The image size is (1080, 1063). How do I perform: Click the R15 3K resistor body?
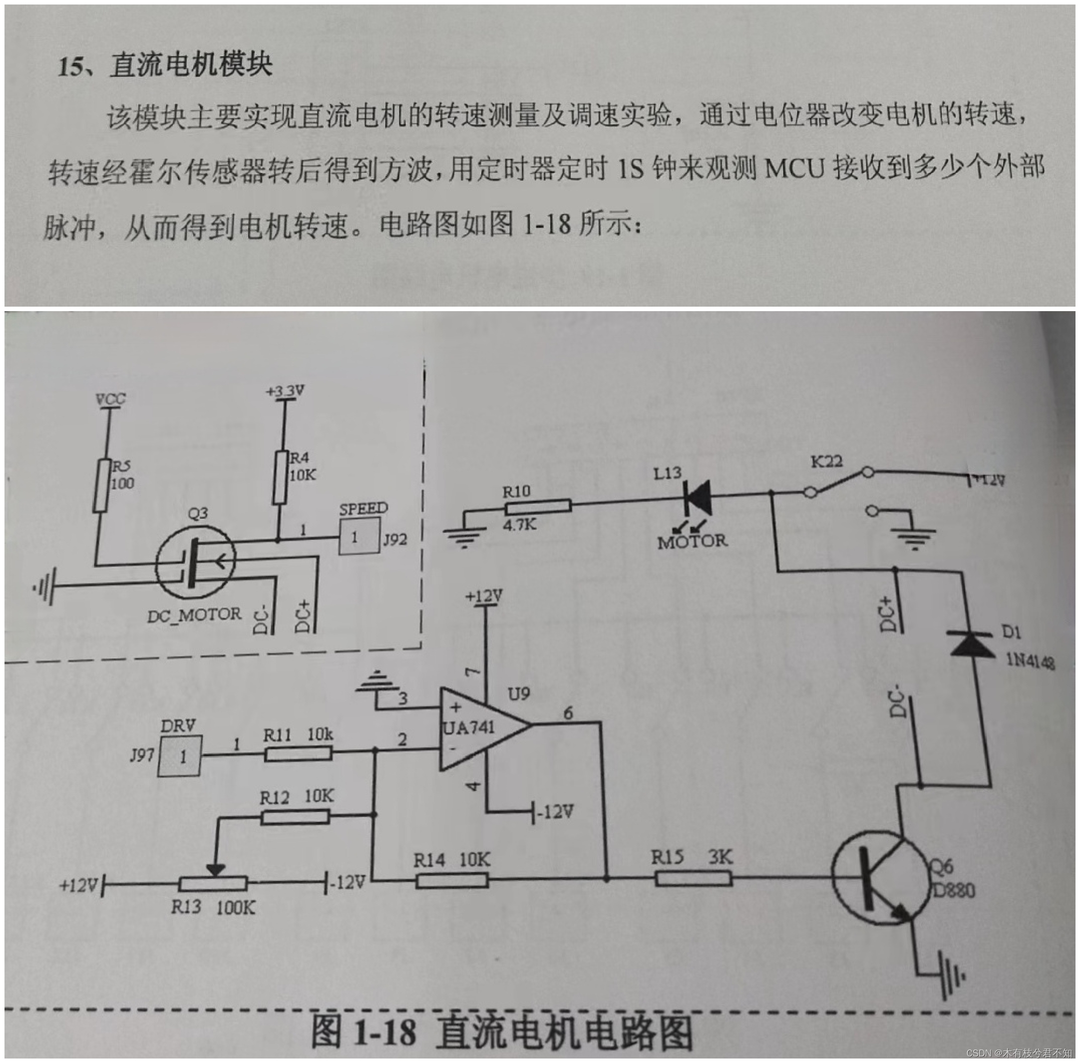(692, 880)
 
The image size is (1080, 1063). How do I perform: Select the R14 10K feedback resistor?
(451, 880)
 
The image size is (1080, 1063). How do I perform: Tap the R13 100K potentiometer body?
(212, 883)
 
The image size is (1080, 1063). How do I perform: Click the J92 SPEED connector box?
(359, 537)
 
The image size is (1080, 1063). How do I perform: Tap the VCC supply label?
(110, 399)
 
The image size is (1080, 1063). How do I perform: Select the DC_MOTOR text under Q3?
(194, 615)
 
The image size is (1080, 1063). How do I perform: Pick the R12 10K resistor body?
(294, 817)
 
